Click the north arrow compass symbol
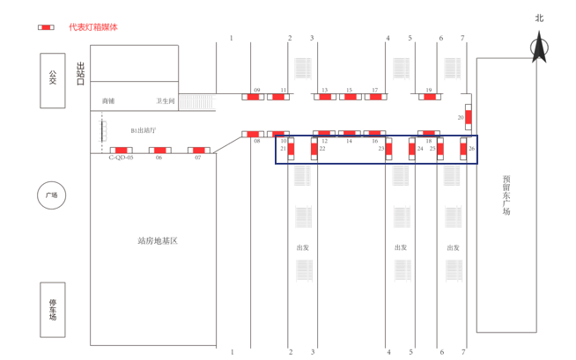coord(539,47)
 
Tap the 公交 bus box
coord(53,81)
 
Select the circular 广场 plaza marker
coord(52,195)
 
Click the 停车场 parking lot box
coord(53,309)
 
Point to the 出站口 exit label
coord(81,73)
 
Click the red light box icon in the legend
coord(46,27)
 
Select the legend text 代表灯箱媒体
coord(93,27)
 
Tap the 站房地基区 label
coord(158,240)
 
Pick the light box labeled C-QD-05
coord(121,151)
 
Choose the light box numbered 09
coord(254,97)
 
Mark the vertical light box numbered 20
coord(469,117)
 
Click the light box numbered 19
coord(429,97)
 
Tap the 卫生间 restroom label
coord(166,101)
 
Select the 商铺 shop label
coord(108,101)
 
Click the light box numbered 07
coord(199,151)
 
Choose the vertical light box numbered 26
coord(464,149)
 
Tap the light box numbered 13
coord(325,97)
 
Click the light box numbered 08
coord(254,135)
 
